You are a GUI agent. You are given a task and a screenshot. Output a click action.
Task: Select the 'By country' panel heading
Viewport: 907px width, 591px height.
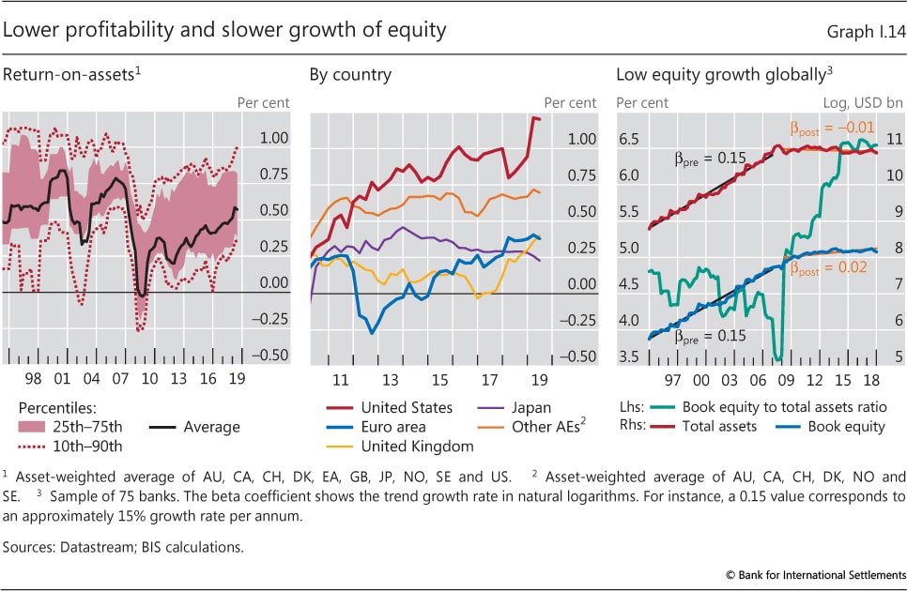click(x=351, y=75)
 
